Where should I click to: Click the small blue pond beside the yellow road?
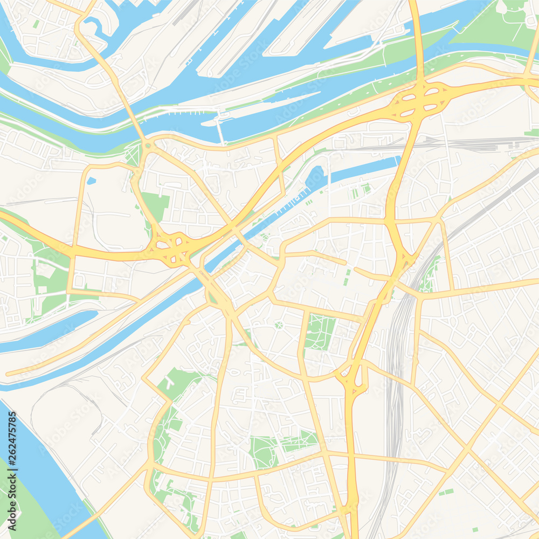(91, 181)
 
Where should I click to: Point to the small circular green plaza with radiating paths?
(279, 324)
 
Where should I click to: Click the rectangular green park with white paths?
(320, 332)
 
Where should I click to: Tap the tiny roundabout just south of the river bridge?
(147, 145)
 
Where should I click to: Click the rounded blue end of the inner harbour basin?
(315, 177)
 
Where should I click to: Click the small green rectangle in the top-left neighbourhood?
(36, 24)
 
